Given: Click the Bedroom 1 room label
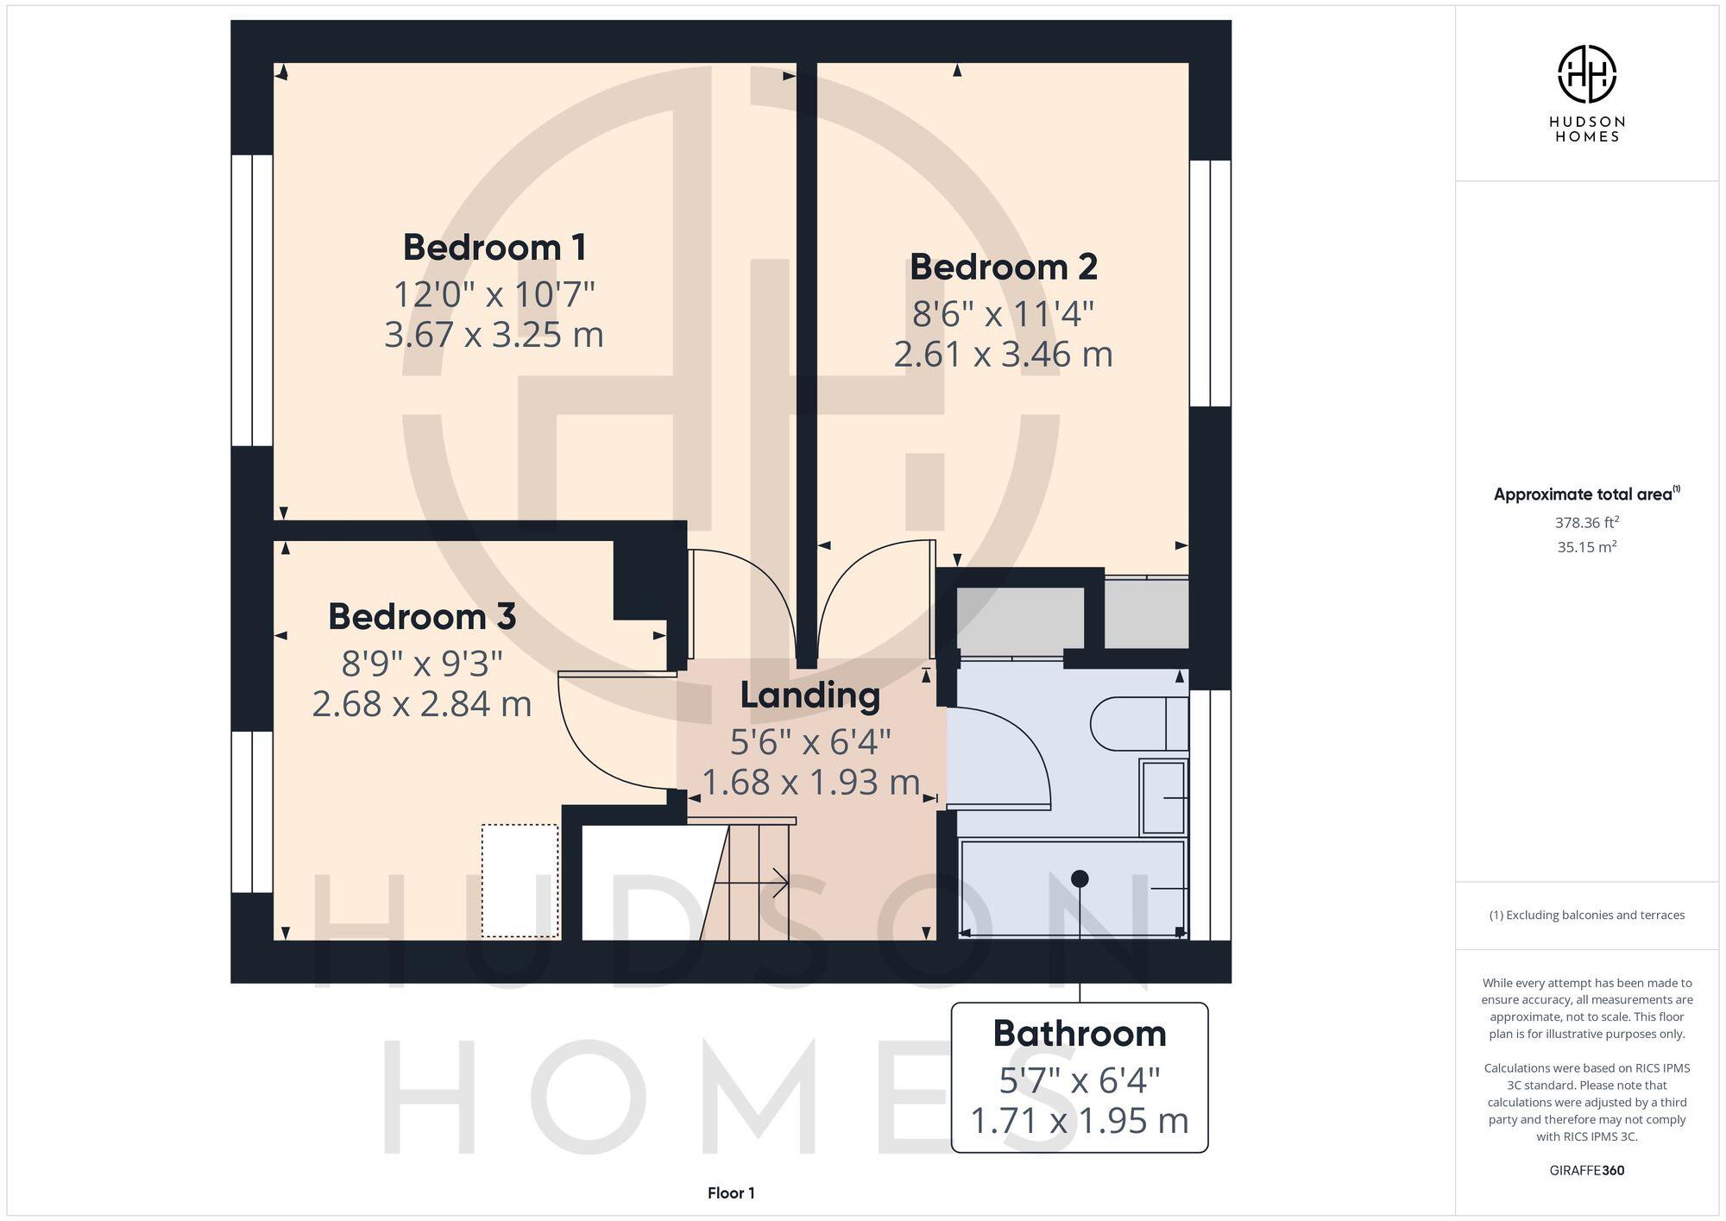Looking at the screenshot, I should point(494,248).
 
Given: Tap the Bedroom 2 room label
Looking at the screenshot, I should point(1003,267).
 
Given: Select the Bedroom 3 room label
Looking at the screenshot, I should point(422,617).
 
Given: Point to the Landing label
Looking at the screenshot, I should point(809,695).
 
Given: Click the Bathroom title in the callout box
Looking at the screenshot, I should point(1079,1034).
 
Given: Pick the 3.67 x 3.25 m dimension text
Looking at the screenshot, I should point(494,335).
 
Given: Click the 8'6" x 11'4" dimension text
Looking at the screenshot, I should point(1003,314).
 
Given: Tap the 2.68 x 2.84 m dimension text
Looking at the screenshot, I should point(422,704).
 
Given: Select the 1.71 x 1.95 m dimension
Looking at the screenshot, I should point(1079,1121).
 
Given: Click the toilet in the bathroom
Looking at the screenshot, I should point(1137,723).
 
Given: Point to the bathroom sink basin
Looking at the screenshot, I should point(1163,796).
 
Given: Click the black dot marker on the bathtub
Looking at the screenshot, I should point(1080,878).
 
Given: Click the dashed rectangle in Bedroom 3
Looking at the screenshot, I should point(520,880).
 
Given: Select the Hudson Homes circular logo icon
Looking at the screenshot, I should point(1586,74).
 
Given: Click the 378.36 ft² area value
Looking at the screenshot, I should point(1586,522).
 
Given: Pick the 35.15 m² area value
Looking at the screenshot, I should point(1586,547).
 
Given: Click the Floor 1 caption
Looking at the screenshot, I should point(731,1193).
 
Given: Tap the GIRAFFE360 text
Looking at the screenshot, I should point(1586,1171).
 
